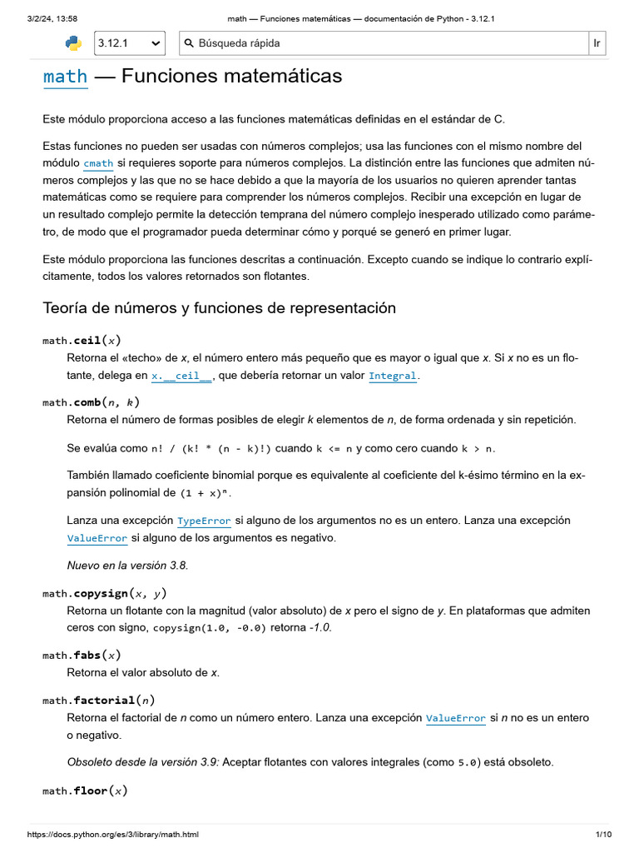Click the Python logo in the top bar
[x=73, y=43]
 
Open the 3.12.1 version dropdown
[x=130, y=43]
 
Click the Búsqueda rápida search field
[x=383, y=43]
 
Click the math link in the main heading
[x=65, y=77]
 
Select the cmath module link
[x=98, y=164]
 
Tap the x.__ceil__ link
[x=181, y=377]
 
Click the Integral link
[x=393, y=377]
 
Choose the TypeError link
[x=204, y=521]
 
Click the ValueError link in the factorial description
[x=455, y=718]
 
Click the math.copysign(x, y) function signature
[x=105, y=593]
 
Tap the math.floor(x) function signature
[x=85, y=791]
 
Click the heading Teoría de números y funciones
[x=219, y=308]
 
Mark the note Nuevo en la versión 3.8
[x=127, y=566]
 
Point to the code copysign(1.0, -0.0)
[x=210, y=628]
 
